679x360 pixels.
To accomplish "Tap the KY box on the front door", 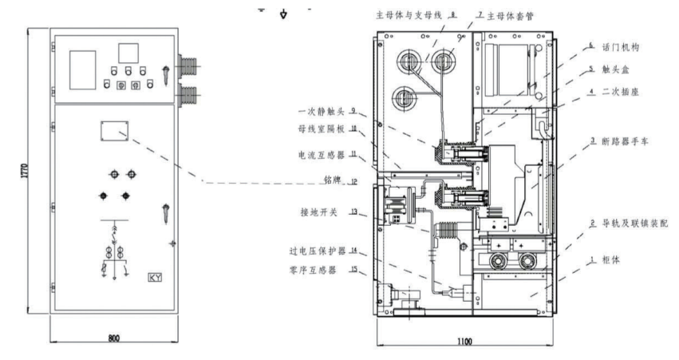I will click(x=156, y=278).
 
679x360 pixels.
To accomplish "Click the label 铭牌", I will click(x=333, y=183).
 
